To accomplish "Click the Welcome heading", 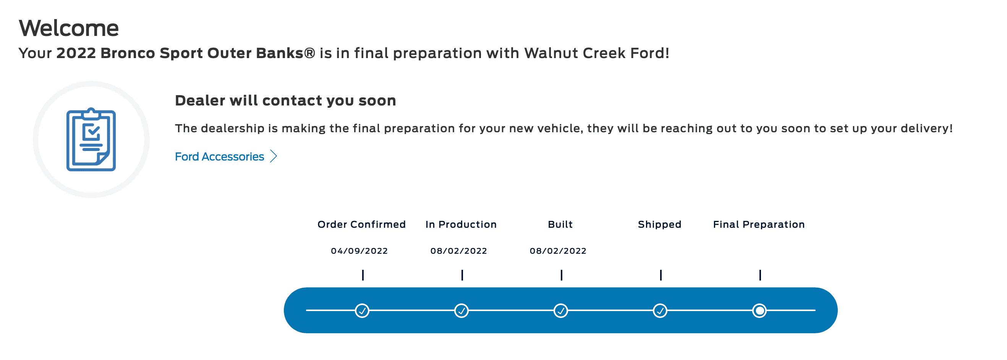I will [68, 28].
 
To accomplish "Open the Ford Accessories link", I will [219, 157].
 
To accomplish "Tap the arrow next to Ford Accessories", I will [274, 156].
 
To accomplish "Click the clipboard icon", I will [91, 139].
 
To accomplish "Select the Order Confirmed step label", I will [361, 224].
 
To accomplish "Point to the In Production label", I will [461, 224].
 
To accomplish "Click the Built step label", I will [560, 224].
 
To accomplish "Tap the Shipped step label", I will [659, 224].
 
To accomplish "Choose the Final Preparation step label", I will [759, 224].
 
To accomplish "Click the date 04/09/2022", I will [359, 251].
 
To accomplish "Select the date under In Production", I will [458, 251].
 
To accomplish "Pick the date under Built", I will [558, 251].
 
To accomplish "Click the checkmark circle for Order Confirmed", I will [363, 311].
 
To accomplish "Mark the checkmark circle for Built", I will [561, 311].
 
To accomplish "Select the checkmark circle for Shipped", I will [660, 311].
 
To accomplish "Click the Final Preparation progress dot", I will [759, 311].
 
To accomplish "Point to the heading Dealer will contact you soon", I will [285, 101].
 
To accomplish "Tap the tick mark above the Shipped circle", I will [661, 275].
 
